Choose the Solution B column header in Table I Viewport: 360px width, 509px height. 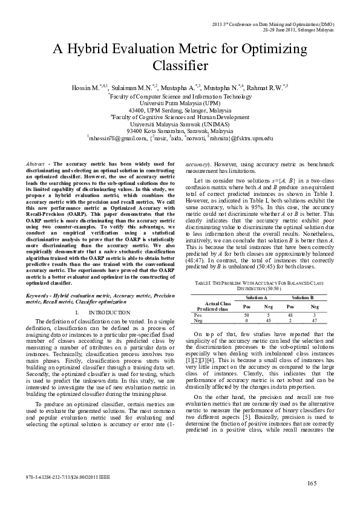click(303, 299)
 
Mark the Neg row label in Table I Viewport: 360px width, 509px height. click(197, 321)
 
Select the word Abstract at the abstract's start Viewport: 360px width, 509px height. click(39, 164)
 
